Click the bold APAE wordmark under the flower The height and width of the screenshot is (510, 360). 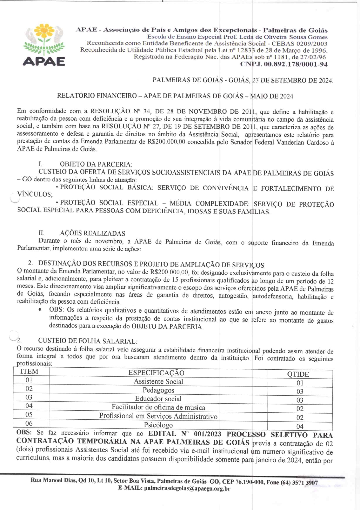coord(44,61)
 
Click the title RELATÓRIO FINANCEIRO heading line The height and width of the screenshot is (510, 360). coord(175,96)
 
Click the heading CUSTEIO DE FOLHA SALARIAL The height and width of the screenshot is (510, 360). coord(87,341)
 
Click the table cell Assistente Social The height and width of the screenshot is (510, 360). coord(158,382)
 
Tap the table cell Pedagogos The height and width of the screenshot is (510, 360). coord(158,390)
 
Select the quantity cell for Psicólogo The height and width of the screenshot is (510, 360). coord(300,426)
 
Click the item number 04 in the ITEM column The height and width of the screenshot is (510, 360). coord(29,406)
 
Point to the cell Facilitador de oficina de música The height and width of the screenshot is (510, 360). coord(158,407)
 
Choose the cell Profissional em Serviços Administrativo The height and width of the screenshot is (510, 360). coord(158,416)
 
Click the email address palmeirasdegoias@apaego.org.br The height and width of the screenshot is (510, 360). coord(187,488)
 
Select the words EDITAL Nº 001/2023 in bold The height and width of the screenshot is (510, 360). coord(185,434)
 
